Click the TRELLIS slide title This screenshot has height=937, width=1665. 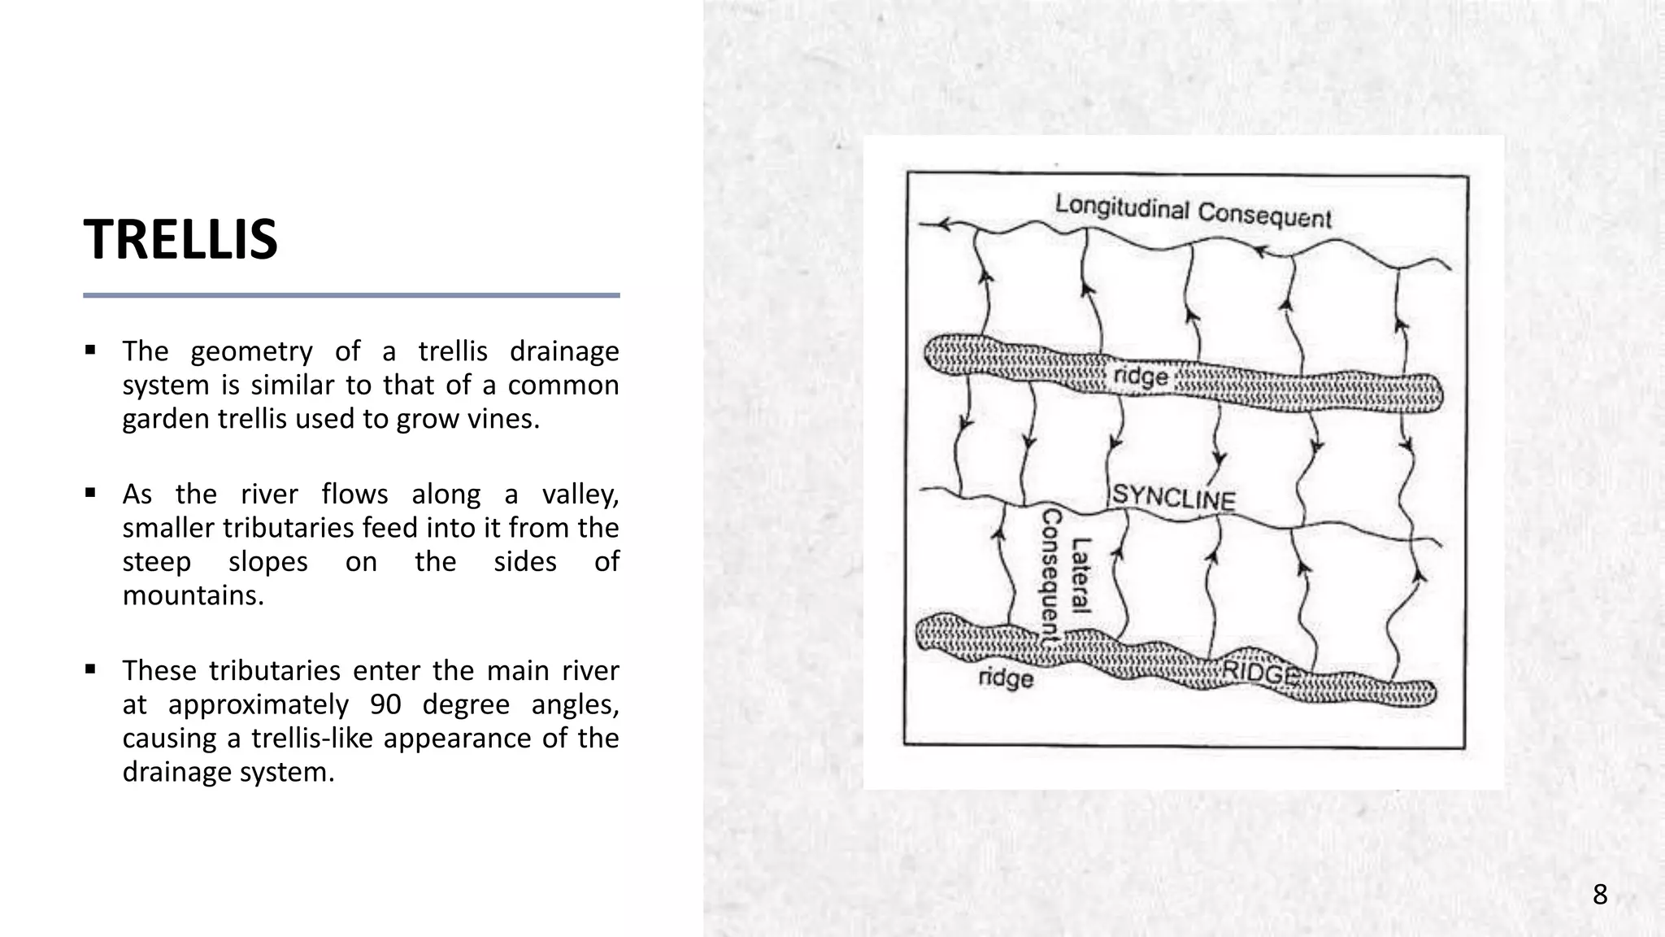point(180,240)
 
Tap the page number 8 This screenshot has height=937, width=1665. point(1599,895)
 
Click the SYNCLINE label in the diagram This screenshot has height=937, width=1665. point(1173,496)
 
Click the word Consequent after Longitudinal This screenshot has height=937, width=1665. point(1264,216)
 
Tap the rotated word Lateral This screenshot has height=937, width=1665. point(1080,575)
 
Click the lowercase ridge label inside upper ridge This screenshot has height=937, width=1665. point(1140,377)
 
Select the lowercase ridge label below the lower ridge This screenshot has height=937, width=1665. point(1006,678)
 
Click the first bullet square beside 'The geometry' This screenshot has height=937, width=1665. point(90,351)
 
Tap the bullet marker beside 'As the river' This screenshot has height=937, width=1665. point(90,494)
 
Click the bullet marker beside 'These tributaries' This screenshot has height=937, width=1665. point(90,670)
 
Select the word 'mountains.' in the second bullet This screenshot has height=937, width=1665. point(193,595)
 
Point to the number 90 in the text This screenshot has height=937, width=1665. point(385,704)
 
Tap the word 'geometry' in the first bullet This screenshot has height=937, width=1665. point(251,351)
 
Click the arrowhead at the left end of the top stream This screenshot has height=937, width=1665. point(946,224)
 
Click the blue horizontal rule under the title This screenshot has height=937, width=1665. point(351,295)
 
